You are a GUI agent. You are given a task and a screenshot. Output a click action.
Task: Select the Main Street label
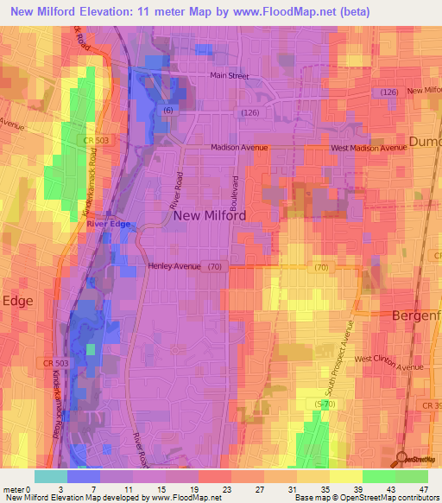230,76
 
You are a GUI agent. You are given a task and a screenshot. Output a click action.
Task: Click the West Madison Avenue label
369,148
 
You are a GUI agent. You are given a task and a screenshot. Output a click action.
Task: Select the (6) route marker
167,110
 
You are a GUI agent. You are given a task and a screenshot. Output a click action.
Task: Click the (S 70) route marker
324,404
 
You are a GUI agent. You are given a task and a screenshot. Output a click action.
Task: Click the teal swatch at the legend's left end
50,476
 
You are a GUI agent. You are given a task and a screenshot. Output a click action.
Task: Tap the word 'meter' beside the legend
15,490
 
